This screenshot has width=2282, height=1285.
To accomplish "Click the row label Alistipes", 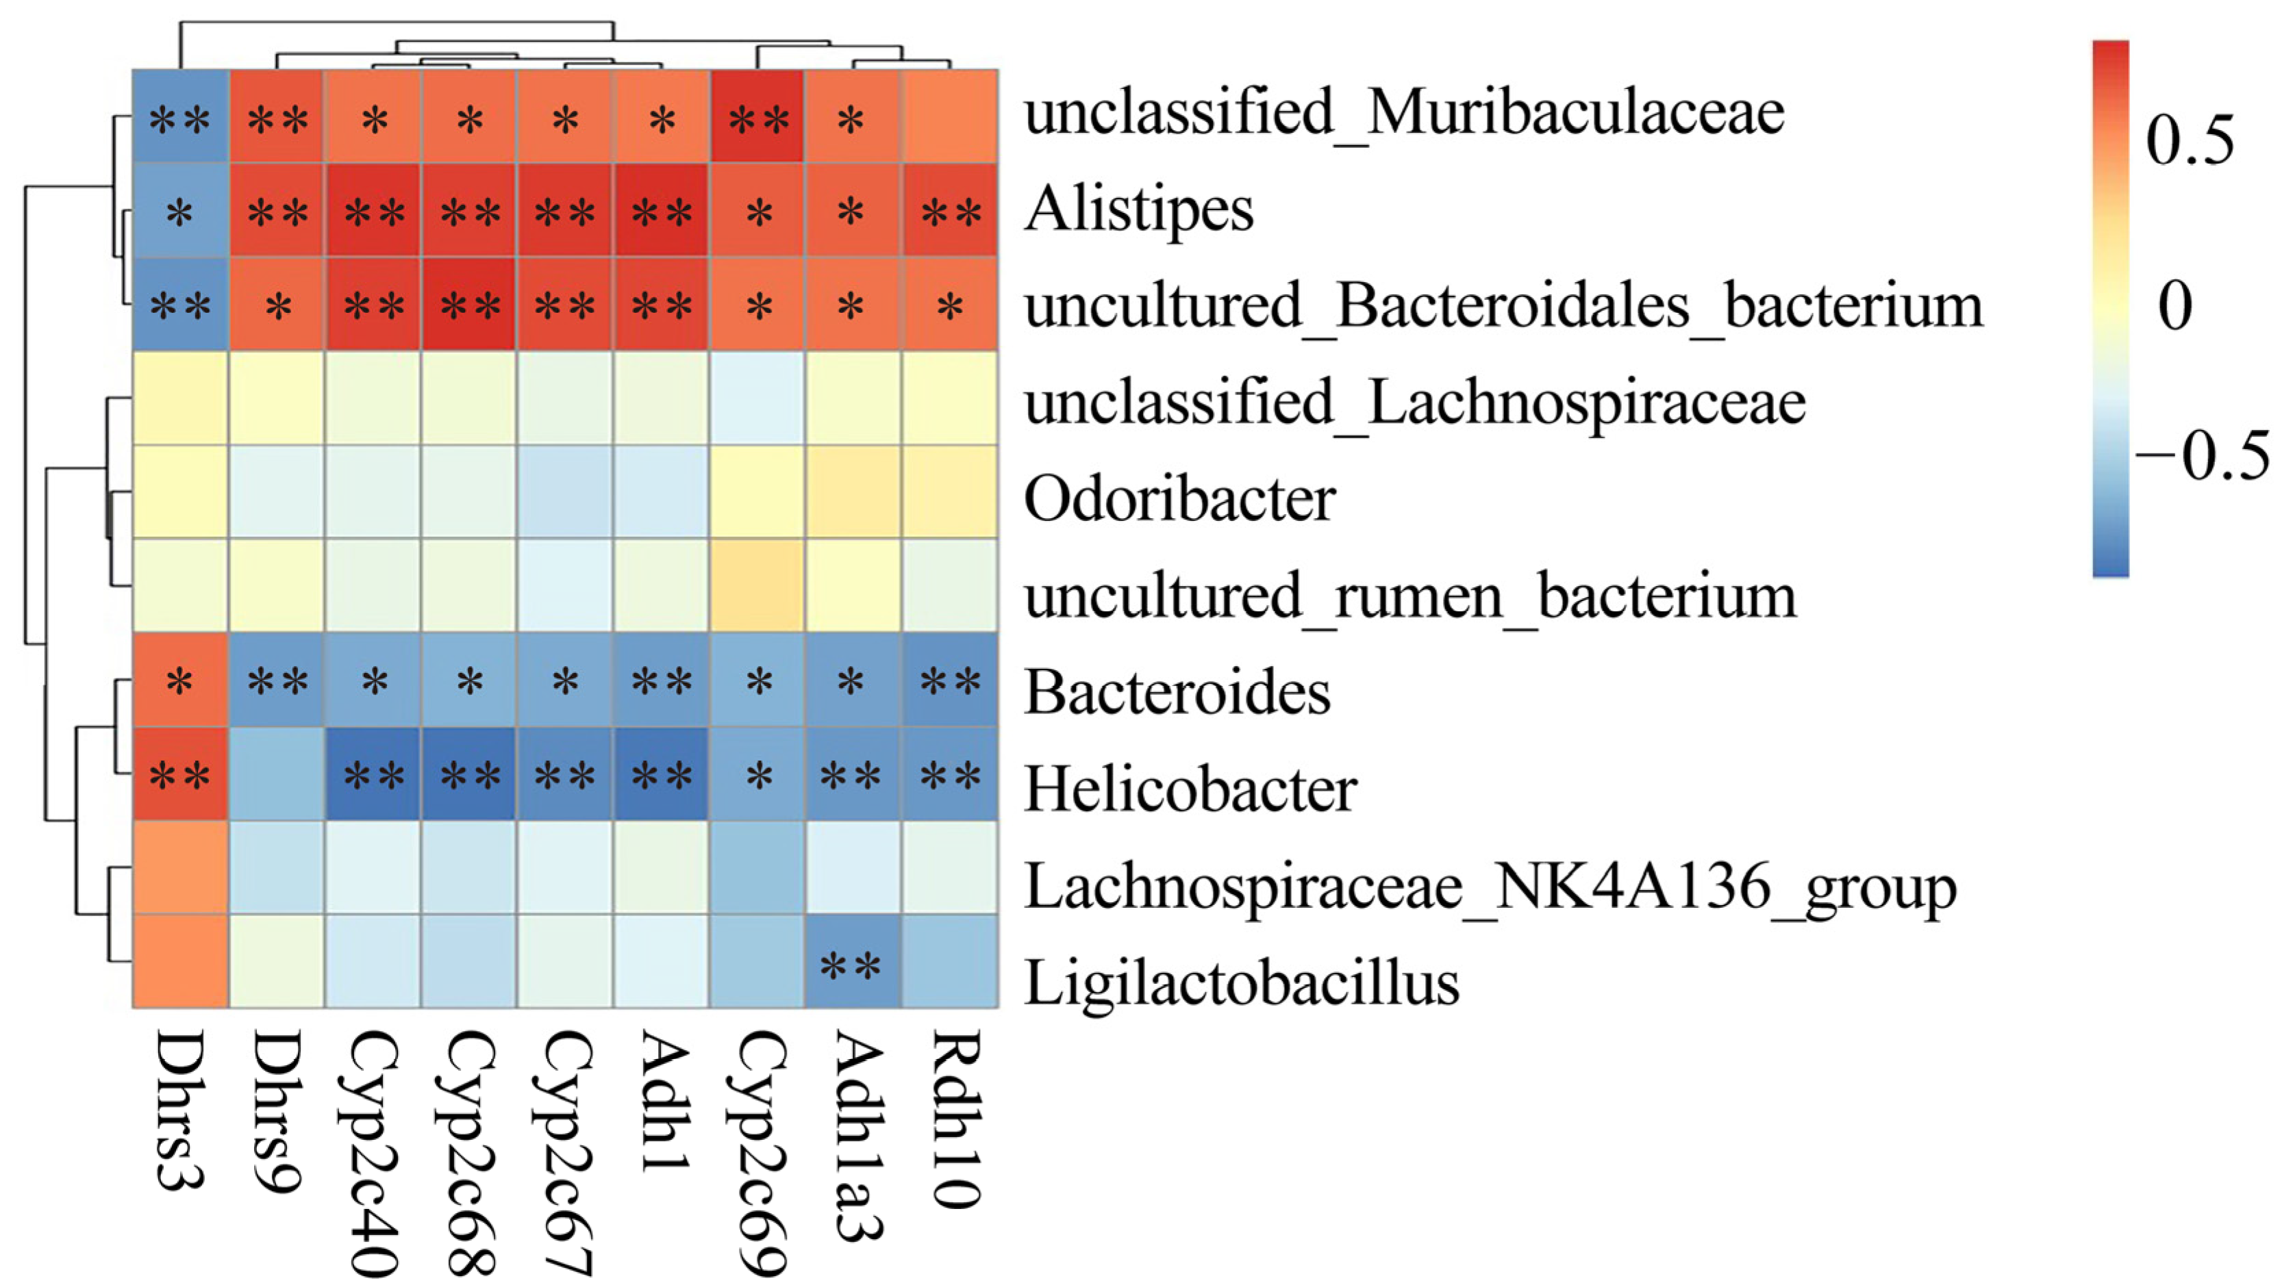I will coord(1138,211).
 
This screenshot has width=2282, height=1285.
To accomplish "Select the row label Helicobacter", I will coord(1190,789).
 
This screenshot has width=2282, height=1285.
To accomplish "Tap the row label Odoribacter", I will coord(1179,500).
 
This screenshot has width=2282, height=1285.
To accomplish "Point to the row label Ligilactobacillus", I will coord(1241,982).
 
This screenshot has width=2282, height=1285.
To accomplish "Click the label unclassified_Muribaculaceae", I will coord(1404,114).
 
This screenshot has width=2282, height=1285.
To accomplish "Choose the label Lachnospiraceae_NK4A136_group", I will coord(1490,887).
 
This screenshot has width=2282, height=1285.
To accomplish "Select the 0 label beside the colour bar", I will coord(2174,305).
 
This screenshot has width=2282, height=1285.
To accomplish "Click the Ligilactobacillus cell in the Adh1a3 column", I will coord(853,962).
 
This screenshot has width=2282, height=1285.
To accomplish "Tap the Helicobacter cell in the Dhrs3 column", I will coord(181,774).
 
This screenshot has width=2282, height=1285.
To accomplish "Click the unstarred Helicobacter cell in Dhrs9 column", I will coord(277,774).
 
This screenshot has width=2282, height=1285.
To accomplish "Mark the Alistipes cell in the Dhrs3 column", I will coord(181,211).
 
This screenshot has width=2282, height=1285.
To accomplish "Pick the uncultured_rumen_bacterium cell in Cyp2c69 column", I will coord(757,585).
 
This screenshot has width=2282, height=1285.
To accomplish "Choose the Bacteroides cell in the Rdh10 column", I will coord(951,680).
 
